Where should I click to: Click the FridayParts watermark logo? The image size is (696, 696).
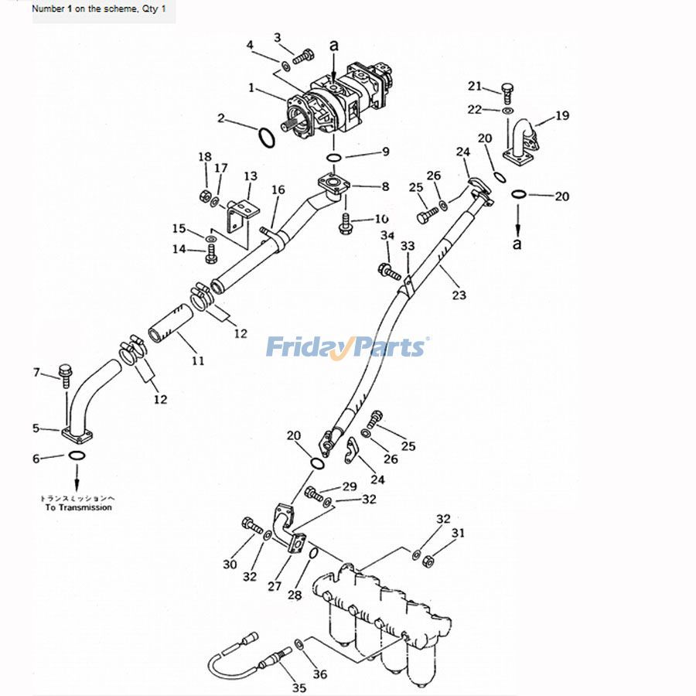347,346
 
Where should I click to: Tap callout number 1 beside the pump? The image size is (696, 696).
251,88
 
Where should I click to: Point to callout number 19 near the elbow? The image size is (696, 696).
562,115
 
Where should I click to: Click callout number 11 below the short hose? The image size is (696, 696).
197,360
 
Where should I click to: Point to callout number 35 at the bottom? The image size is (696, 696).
299,687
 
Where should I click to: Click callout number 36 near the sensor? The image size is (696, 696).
319,674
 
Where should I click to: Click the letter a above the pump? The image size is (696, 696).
334,46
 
